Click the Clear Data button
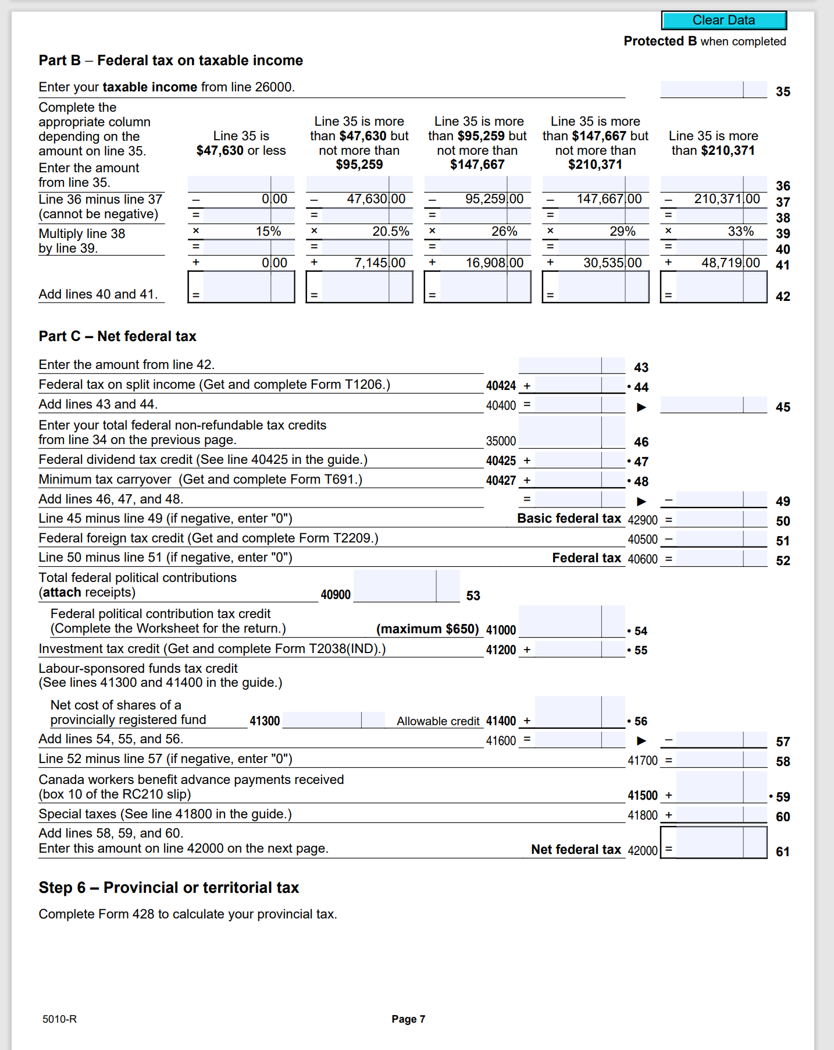coord(723,20)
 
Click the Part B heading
coord(170,61)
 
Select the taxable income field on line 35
coord(713,90)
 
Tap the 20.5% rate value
coord(390,231)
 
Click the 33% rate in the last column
coord(740,231)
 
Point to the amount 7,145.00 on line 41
coord(379,262)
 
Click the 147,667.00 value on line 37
coord(608,199)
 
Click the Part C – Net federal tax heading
coord(117,336)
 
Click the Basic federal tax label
coord(569,519)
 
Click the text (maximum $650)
coord(427,629)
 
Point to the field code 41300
coord(265,721)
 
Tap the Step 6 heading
coord(169,888)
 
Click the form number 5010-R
coord(59,1019)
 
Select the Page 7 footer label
coord(408,1019)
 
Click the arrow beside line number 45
coord(641,407)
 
